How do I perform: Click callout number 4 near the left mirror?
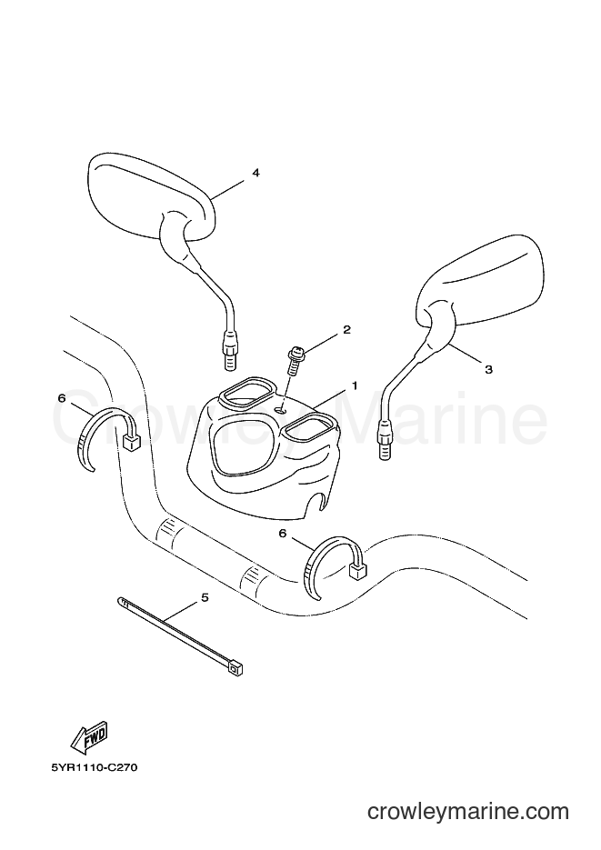tap(255, 173)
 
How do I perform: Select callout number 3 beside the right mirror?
tap(488, 370)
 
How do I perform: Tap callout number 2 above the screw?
tap(346, 330)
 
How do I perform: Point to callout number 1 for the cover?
tap(355, 386)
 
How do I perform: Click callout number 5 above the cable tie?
tap(205, 598)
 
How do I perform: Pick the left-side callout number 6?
tap(62, 398)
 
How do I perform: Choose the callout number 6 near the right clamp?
tap(283, 534)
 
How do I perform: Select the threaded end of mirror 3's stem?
tap(385, 450)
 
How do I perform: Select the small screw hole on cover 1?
tap(281, 410)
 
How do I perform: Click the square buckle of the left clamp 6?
tap(130, 445)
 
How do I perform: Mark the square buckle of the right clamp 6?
tap(358, 570)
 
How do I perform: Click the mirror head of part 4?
tap(151, 196)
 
